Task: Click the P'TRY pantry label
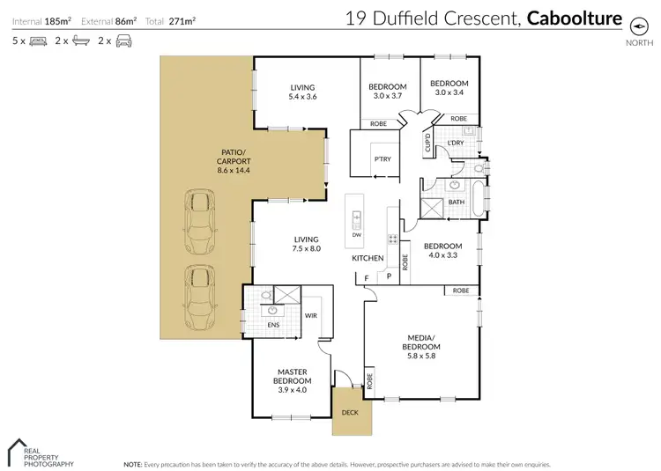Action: (382, 159)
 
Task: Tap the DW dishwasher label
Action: (356, 235)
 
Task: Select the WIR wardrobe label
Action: (310, 314)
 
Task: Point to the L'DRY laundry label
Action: (456, 143)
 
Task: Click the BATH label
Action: (456, 202)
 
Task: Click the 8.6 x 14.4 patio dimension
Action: (234, 170)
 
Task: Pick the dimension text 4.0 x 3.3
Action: (442, 255)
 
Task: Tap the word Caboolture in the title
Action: (574, 18)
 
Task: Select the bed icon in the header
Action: (38, 40)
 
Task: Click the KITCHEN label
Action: (368, 258)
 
